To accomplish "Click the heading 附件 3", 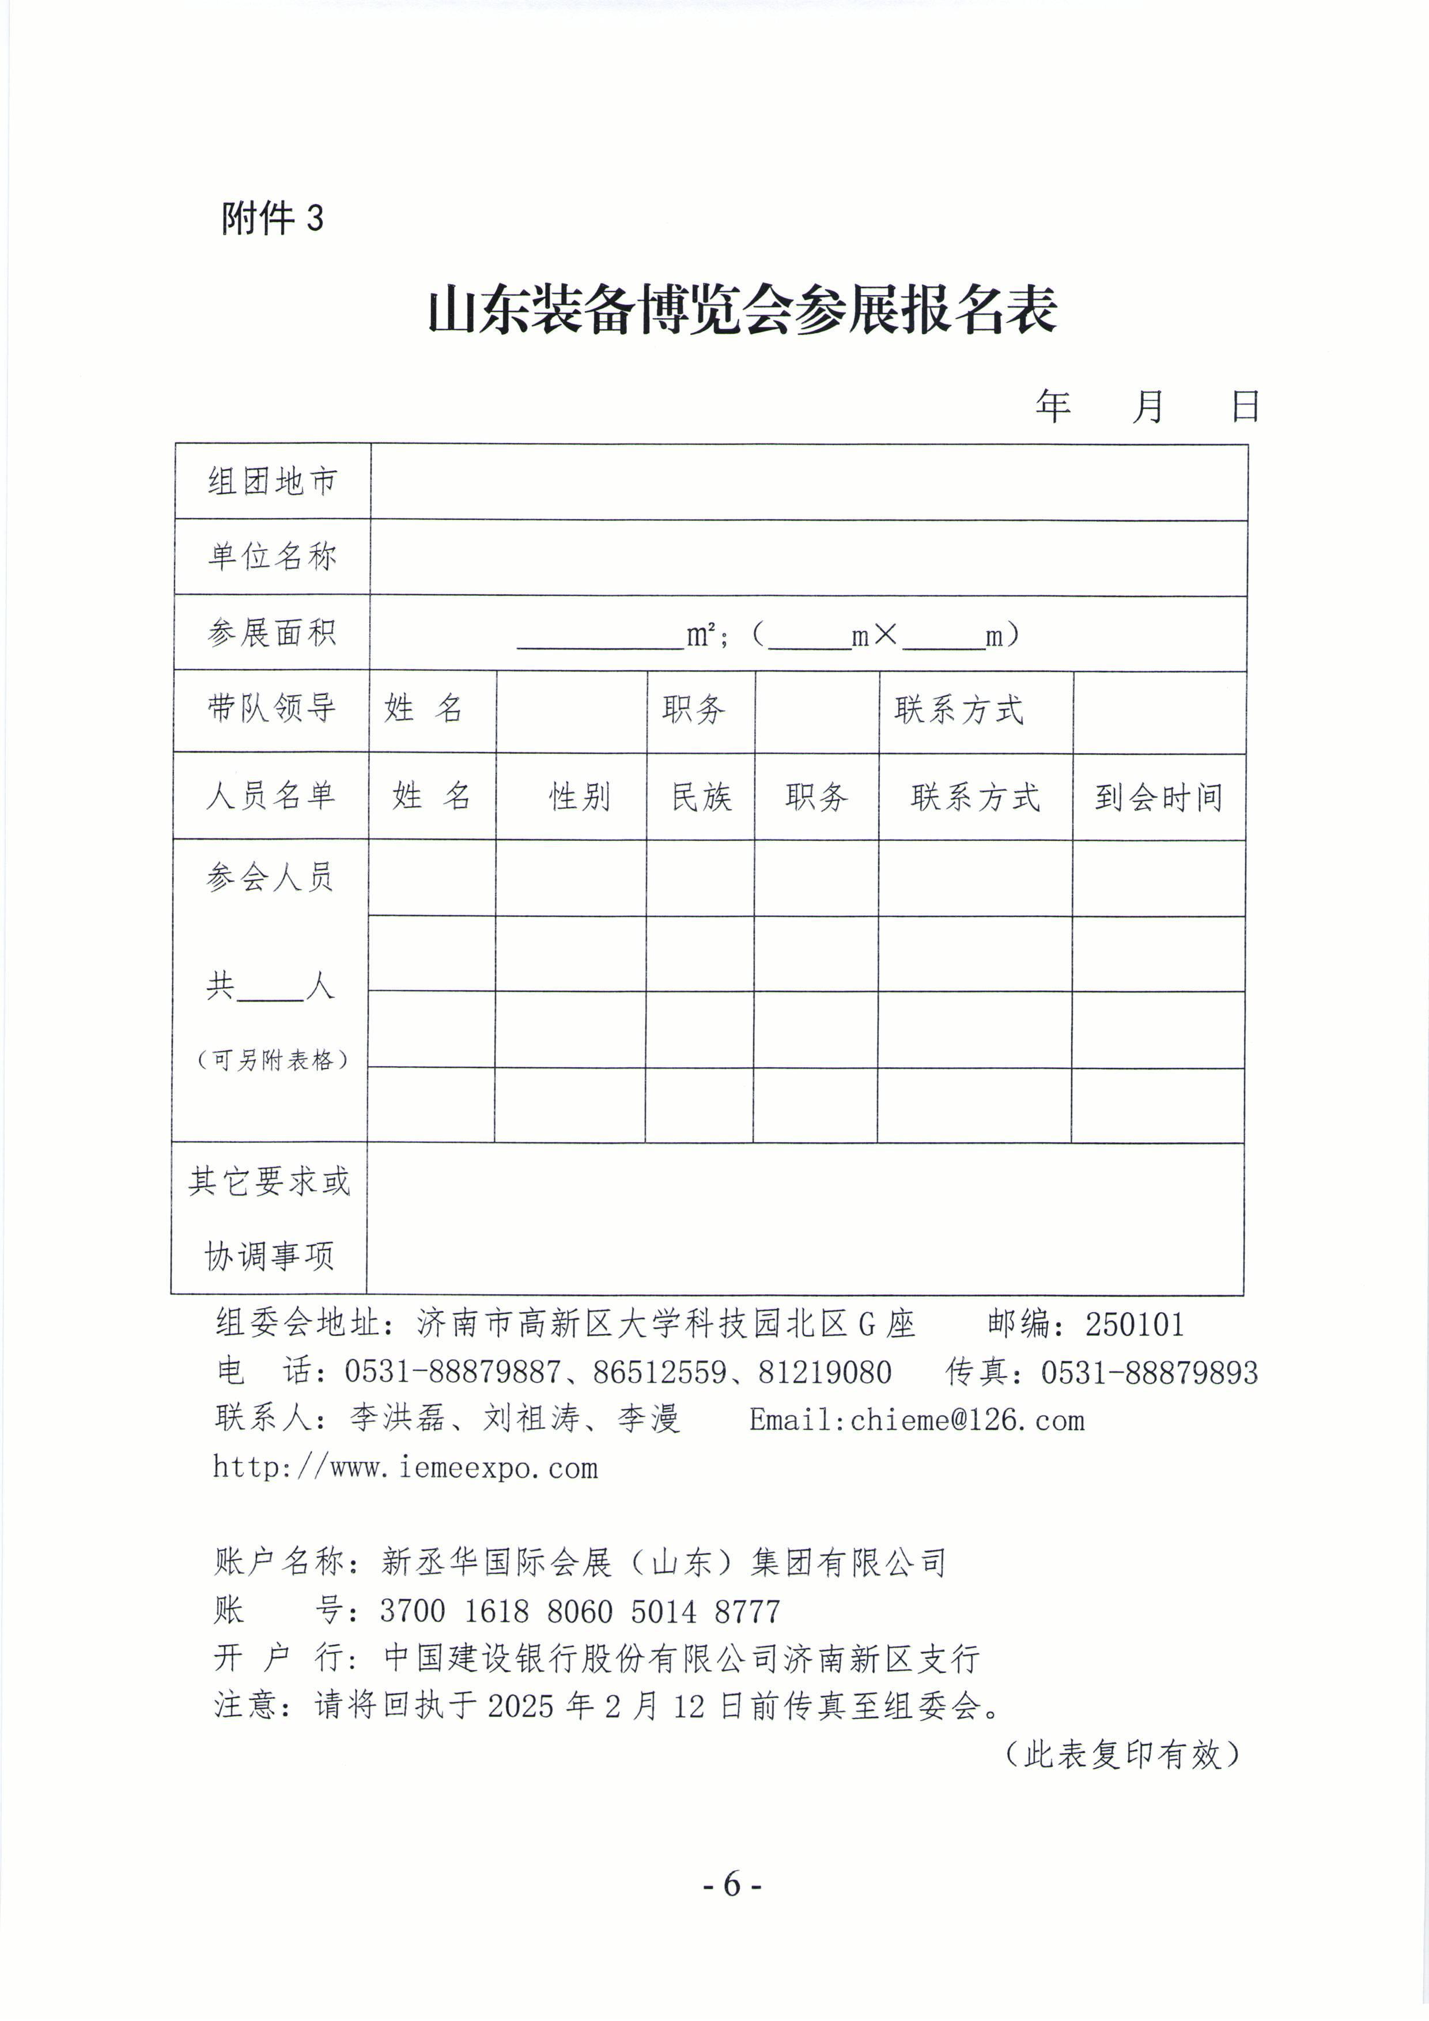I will coord(272,217).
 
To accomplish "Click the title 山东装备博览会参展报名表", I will coord(742,311).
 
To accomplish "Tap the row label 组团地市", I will coord(272,482).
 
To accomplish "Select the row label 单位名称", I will coord(272,556).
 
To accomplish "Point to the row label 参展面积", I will coord(272,632).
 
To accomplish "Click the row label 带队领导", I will coord(272,708).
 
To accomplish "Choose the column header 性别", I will coord(579,796).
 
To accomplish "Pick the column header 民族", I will coord(701,796).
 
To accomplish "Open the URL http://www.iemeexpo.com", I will coord(406,1467).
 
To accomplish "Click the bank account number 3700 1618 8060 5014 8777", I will coord(580,1611).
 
